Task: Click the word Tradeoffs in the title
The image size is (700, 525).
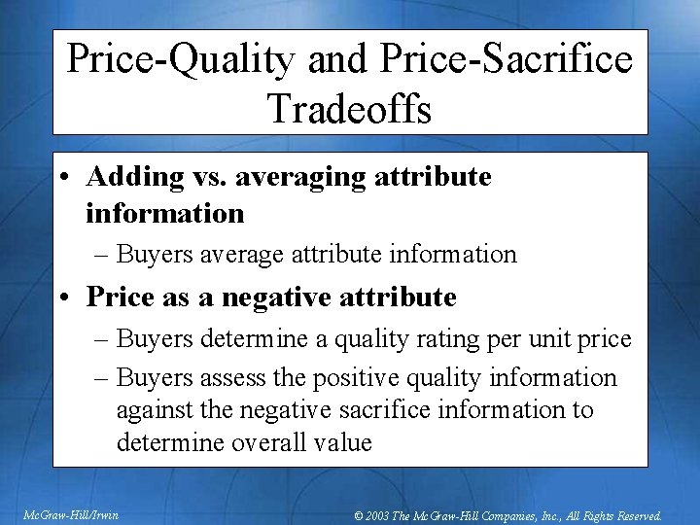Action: click(x=349, y=108)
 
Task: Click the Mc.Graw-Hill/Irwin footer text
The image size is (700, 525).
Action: click(x=71, y=514)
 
